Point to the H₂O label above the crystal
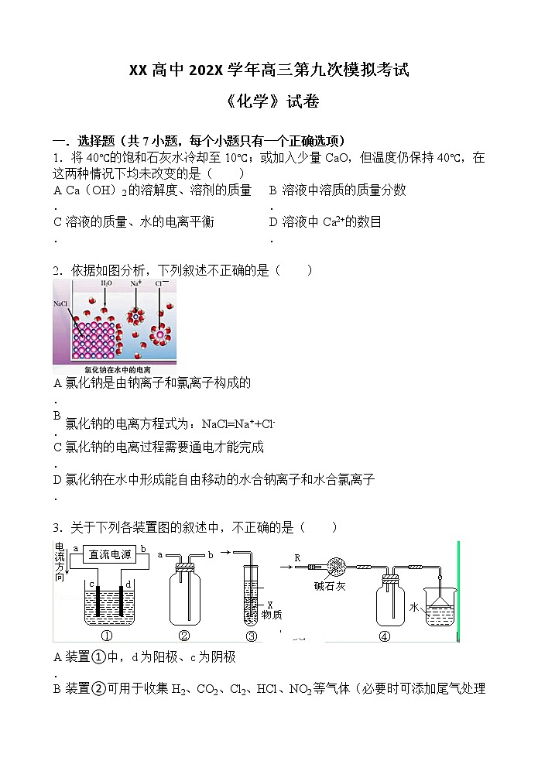click(106, 284)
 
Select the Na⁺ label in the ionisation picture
click(135, 284)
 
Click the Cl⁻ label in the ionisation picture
click(161, 284)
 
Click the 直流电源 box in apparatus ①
click(109, 554)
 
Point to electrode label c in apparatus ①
click(92, 583)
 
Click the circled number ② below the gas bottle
click(184, 636)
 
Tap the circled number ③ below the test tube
click(251, 636)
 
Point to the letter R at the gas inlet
click(297, 557)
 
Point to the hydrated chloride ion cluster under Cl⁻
click(162, 334)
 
